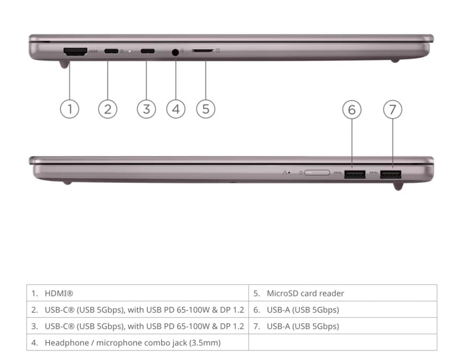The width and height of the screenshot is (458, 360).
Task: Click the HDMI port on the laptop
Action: pyautogui.click(x=75, y=52)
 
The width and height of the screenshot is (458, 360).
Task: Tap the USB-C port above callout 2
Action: pyautogui.click(x=111, y=51)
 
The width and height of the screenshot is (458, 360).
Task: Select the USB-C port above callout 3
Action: pyautogui.click(x=147, y=51)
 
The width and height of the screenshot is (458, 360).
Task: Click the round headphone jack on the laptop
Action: pyautogui.click(x=175, y=52)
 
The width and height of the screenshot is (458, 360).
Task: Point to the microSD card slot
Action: pyautogui.click(x=203, y=51)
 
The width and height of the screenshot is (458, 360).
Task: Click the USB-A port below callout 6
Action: pyautogui.click(x=354, y=174)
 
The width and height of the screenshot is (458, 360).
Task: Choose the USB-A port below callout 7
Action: pyautogui.click(x=391, y=174)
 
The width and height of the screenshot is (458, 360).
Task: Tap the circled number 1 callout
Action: pyautogui.click(x=69, y=109)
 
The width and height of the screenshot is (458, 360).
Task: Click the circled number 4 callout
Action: pyautogui.click(x=176, y=109)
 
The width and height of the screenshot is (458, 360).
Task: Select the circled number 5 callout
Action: pyautogui.click(x=206, y=109)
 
